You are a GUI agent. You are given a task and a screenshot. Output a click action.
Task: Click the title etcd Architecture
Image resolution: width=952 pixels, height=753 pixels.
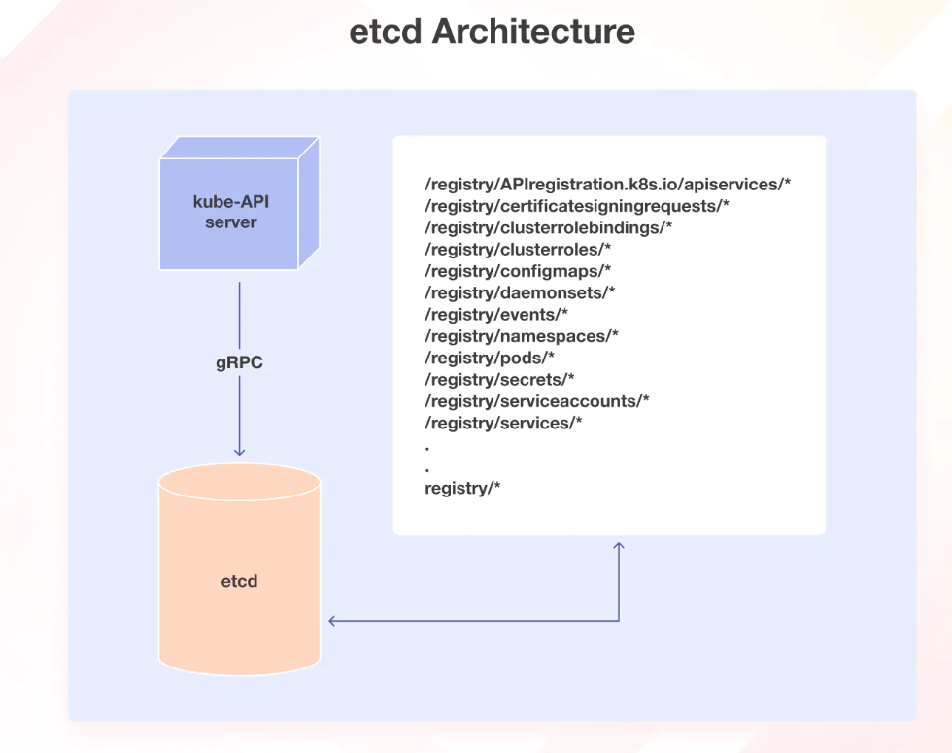point(492,32)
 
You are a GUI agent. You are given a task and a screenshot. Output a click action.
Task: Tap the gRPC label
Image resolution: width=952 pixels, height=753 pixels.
point(239,363)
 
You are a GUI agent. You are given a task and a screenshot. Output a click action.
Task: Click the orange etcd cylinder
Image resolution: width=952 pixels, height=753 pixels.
point(239,581)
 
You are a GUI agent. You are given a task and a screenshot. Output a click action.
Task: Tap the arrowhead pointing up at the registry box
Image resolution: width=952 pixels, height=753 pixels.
point(618,548)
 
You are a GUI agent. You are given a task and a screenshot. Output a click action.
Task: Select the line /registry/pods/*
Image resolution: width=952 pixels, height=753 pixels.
point(490,358)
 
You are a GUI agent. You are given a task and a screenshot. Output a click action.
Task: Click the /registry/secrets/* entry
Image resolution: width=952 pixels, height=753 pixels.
point(499,379)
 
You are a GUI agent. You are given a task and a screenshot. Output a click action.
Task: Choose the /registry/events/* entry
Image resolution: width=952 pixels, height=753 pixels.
point(496,314)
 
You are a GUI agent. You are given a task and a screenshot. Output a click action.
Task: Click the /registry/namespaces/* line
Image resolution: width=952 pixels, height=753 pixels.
point(522,336)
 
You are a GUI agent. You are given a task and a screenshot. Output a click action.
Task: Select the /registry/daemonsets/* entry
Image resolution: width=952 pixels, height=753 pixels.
point(520,292)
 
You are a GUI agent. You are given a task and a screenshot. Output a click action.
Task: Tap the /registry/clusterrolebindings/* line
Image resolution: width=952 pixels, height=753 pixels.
point(549,227)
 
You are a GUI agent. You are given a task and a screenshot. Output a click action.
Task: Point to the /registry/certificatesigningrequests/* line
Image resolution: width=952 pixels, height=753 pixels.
point(577,205)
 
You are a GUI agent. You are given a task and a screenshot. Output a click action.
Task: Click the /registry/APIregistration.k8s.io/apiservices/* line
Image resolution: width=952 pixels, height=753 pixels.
point(608,183)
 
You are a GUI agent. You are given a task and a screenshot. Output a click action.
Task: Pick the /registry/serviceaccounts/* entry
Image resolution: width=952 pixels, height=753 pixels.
point(537,401)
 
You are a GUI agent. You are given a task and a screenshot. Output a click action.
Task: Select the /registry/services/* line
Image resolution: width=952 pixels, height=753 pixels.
point(503,423)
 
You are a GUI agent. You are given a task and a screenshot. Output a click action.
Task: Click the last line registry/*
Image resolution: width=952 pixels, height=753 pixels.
point(462,488)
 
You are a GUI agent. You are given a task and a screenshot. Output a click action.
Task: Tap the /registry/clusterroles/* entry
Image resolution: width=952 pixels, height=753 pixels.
point(518,249)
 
